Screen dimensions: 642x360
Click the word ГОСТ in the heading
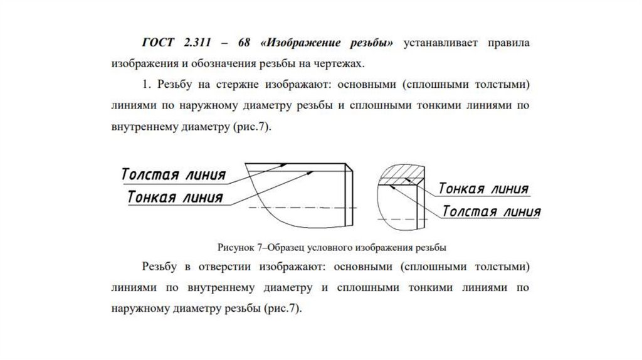coord(159,43)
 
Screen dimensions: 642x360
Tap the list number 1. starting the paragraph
coord(147,84)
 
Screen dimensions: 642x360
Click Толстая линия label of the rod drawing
coord(173,174)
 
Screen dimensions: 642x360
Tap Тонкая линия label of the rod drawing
coord(175,197)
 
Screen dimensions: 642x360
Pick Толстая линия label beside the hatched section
coord(491,211)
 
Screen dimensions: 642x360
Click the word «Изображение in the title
coord(302,43)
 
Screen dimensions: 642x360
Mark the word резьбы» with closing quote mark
coord(372,43)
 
